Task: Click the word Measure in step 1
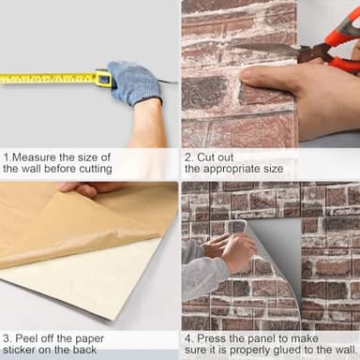(x=37, y=157)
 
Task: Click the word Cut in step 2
(x=206, y=157)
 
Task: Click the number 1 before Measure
(x=6, y=157)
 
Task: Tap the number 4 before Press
(x=188, y=337)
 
